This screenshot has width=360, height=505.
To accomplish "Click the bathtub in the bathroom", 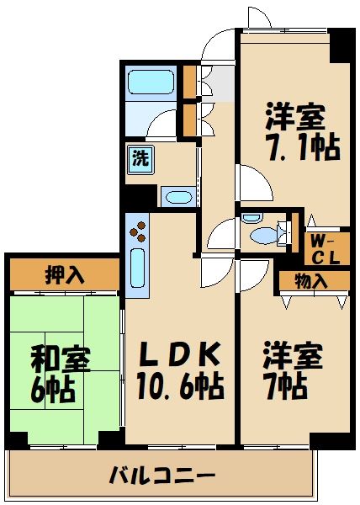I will click(151, 82).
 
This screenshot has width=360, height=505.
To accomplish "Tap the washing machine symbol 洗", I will click(138, 157).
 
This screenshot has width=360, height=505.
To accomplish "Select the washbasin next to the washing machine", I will click(177, 198).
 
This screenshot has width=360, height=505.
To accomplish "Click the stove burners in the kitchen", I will click(137, 228).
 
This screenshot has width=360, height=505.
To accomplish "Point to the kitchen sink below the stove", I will click(138, 268).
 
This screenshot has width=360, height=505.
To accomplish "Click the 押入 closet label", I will click(64, 275).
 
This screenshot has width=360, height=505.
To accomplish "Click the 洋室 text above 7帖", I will click(291, 354).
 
